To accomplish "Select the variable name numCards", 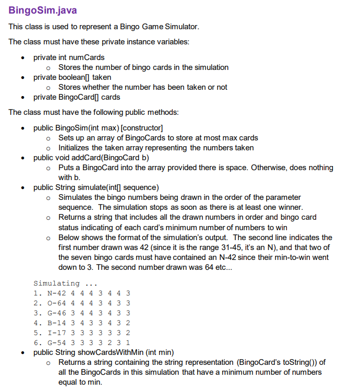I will (88, 57).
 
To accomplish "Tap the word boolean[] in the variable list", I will (73, 77).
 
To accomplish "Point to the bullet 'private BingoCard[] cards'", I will (77, 97).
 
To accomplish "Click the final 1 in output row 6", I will (128, 343).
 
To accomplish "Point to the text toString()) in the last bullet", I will (300, 362).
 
